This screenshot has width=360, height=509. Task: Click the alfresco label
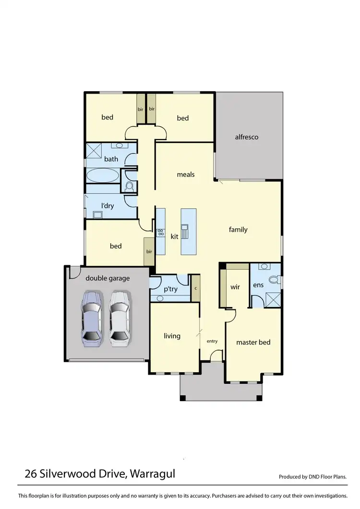pyautogui.click(x=247, y=137)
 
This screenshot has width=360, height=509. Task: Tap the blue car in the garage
pyautogui.click(x=91, y=318)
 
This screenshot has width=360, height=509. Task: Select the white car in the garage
pyautogui.click(x=120, y=318)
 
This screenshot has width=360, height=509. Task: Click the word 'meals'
pyautogui.click(x=186, y=174)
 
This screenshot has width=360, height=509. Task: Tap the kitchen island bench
pyautogui.click(x=188, y=232)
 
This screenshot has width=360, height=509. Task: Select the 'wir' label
pyautogui.click(x=235, y=287)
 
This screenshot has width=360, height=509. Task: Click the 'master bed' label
pyautogui.click(x=253, y=342)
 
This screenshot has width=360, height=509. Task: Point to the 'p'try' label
pyautogui.click(x=171, y=289)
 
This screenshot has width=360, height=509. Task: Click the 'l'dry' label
pyautogui.click(x=107, y=206)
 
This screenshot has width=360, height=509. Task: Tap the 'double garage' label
pyautogui.click(x=108, y=278)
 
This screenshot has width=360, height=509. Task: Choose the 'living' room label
pyautogui.click(x=172, y=336)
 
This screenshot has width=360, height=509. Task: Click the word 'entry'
pyautogui.click(x=212, y=341)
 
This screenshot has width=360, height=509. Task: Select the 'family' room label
pyautogui.click(x=238, y=230)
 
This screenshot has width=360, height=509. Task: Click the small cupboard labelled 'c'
pyautogui.click(x=195, y=288)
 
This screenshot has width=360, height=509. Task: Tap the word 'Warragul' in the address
pyautogui.click(x=152, y=474)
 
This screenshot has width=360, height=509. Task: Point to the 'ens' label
pyautogui.click(x=258, y=285)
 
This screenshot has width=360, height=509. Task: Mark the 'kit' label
pyautogui.click(x=174, y=237)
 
